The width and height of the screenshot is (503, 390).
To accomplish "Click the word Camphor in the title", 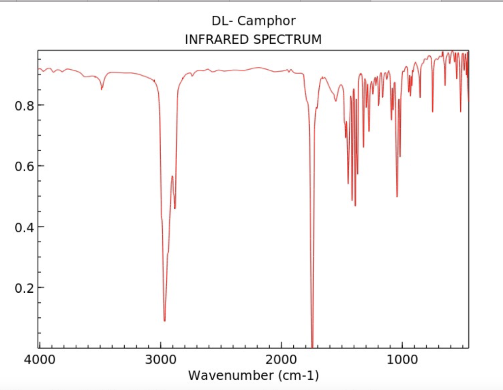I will point(267,22).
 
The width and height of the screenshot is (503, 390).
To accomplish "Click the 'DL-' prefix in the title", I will point(223,21).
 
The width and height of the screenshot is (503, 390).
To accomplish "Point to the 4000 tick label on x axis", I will point(39,359).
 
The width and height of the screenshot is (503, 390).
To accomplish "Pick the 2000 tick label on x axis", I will point(281,359).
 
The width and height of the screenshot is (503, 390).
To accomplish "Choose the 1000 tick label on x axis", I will point(402,359).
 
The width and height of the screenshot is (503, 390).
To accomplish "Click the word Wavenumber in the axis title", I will point(229,376).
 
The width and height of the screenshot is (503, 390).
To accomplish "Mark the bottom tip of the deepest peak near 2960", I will point(165,321).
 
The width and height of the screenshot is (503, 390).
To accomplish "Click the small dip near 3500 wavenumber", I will point(102,89).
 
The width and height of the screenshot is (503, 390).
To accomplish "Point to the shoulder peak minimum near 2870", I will point(175,208).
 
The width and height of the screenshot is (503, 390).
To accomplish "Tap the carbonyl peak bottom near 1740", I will point(312,345).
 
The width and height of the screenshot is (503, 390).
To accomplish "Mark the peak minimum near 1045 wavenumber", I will point(397,196).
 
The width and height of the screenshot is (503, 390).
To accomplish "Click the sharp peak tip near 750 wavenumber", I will point(432,111).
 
